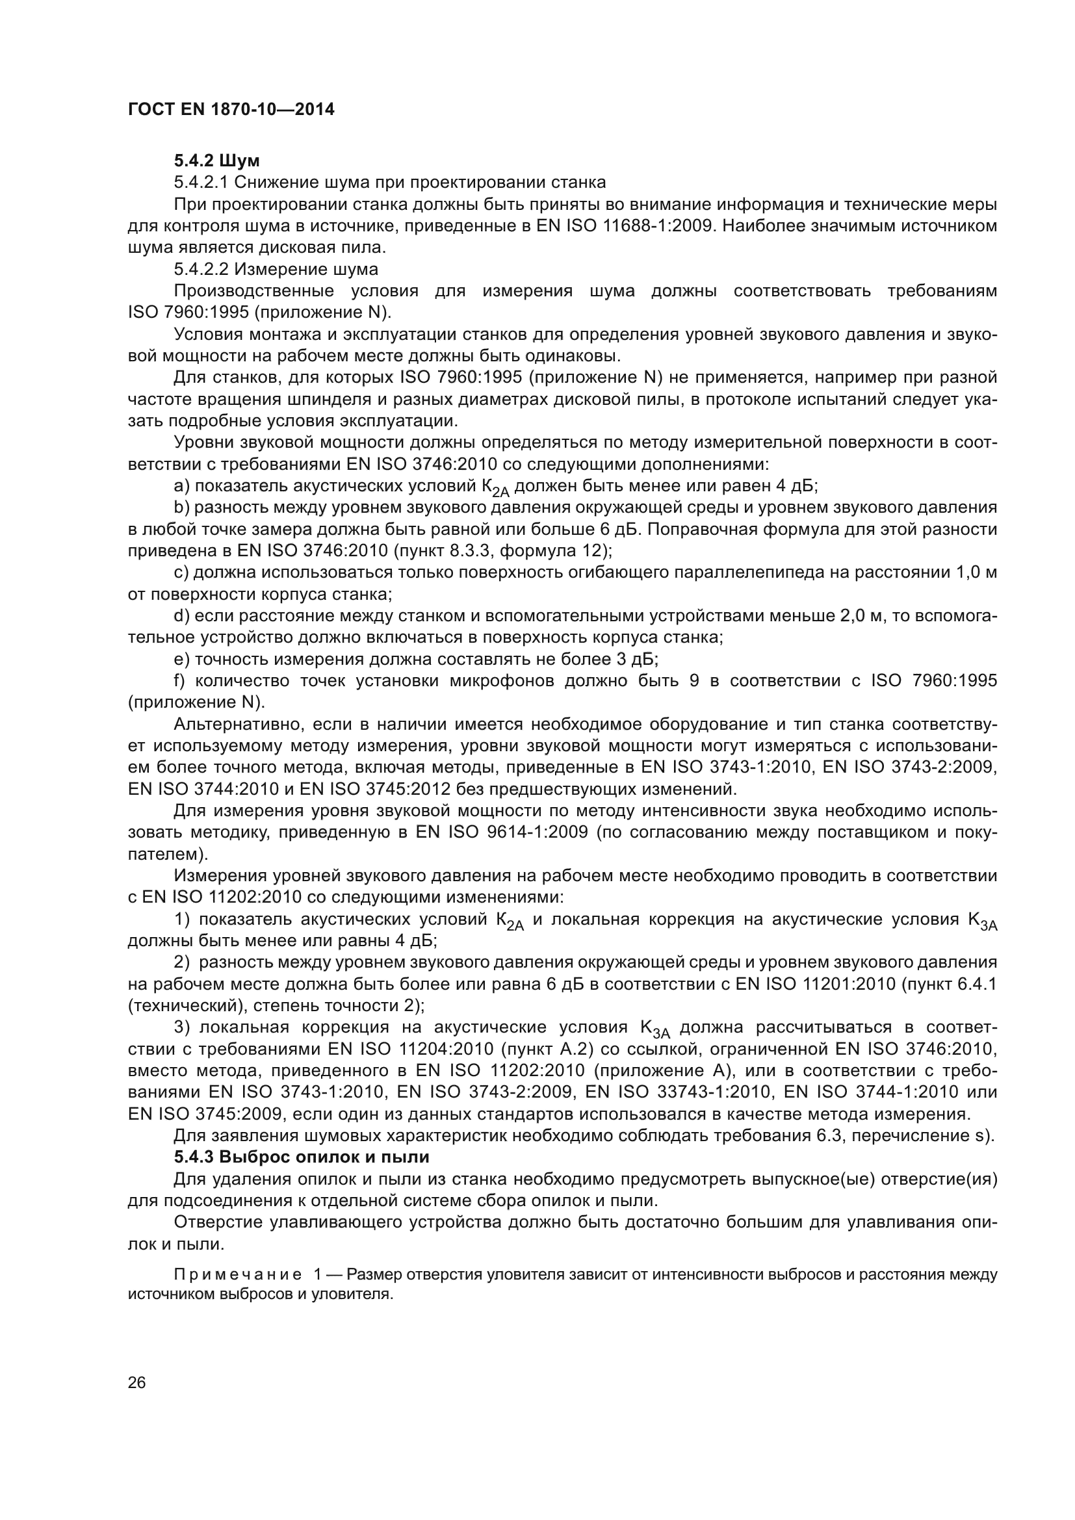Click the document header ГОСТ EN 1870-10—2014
pos(231,110)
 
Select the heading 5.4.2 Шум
pos(217,161)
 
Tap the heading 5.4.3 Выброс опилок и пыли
pos(302,1157)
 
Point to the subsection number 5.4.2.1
pos(201,182)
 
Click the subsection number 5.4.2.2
pos(201,270)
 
